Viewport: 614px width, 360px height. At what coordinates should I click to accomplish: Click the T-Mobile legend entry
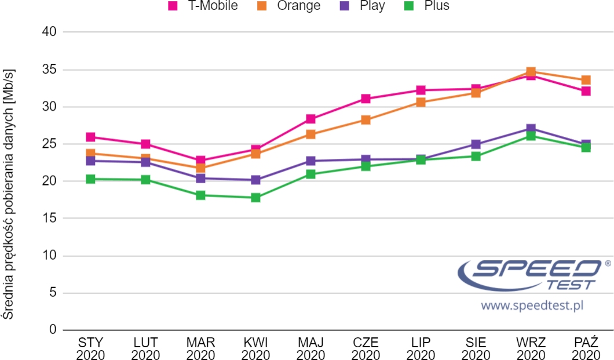tap(203, 6)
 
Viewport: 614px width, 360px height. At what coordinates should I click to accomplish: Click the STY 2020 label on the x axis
tap(90, 347)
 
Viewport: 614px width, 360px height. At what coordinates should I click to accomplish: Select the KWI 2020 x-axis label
tap(255, 347)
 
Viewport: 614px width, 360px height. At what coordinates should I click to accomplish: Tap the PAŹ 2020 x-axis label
tap(586, 347)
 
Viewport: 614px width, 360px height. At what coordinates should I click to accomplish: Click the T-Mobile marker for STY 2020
tap(90, 137)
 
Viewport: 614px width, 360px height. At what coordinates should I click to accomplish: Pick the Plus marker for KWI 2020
tap(255, 198)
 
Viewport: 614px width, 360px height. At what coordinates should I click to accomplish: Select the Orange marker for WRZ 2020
tap(531, 72)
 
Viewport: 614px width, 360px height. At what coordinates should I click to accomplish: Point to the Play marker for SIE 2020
tap(476, 144)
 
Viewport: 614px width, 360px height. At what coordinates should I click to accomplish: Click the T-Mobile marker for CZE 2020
tap(366, 99)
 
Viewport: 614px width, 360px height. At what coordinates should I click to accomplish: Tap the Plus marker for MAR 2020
tap(200, 195)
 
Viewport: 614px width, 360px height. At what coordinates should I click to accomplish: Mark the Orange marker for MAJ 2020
tap(310, 134)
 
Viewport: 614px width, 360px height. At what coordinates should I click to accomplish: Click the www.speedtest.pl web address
tap(531, 305)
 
